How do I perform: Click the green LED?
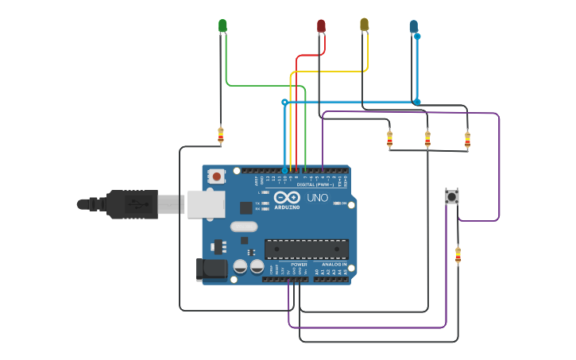[222, 25]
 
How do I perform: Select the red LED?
[321, 25]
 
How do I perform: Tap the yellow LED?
[364, 25]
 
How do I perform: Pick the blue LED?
[413, 27]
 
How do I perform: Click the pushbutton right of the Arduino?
[452, 196]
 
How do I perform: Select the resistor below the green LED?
[220, 135]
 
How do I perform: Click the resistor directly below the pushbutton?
[458, 255]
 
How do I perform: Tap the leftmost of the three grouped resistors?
[389, 139]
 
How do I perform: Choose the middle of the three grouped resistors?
[427, 139]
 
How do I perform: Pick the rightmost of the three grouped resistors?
[467, 140]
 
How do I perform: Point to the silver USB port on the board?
[206, 203]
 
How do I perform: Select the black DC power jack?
[211, 269]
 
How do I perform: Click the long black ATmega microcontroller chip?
[306, 249]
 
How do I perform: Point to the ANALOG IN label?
[329, 264]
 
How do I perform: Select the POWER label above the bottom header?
[299, 264]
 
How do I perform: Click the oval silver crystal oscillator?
[245, 226]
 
